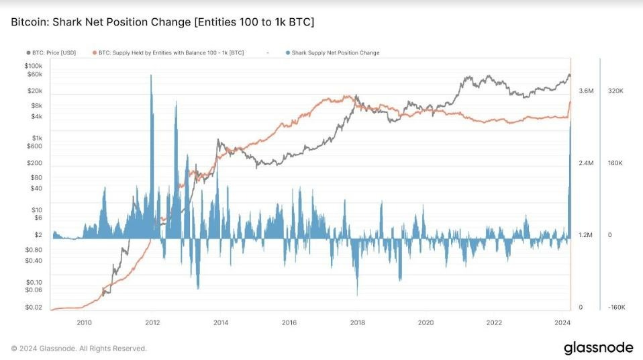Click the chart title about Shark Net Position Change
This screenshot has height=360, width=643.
(162, 22)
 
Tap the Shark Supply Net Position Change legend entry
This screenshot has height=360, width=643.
(332, 52)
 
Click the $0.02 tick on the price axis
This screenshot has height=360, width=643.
(34, 308)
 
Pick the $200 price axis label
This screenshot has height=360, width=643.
(34, 163)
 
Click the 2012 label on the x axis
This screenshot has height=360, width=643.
(152, 322)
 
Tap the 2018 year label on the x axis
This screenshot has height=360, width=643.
(358, 322)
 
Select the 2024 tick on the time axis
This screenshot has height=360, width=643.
(563, 322)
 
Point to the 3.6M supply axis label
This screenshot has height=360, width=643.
(586, 91)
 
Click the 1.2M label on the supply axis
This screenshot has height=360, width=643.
(586, 235)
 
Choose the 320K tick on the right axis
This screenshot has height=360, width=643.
(616, 91)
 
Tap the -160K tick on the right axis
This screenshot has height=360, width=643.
(616, 308)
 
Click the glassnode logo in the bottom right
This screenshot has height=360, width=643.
(597, 348)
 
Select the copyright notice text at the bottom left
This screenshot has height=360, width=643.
(79, 349)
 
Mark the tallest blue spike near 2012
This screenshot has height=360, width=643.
(151, 77)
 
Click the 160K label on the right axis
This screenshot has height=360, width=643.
(616, 163)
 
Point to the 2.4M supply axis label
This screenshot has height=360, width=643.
(586, 163)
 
